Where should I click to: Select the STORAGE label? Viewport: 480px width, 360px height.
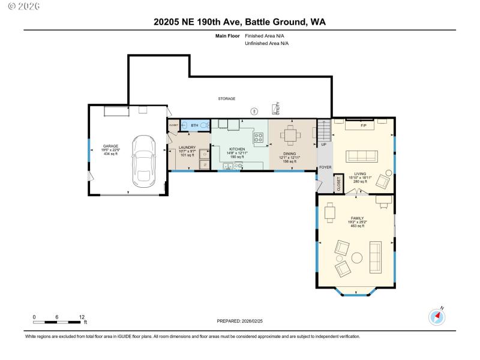[x=226, y=98]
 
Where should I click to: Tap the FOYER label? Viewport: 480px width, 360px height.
[x=325, y=167]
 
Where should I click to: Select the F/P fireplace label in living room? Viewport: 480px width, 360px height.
[x=363, y=125]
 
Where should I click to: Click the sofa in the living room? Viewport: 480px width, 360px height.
[x=362, y=156]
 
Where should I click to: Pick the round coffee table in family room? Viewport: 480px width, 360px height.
[x=357, y=258]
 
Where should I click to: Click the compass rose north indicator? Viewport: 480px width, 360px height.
[x=436, y=317]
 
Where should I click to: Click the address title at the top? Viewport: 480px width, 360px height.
[x=240, y=22]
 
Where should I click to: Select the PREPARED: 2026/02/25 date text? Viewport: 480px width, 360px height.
[x=239, y=321]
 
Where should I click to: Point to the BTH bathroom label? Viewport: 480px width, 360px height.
[x=194, y=125]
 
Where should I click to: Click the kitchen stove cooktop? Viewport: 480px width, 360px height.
[x=259, y=139]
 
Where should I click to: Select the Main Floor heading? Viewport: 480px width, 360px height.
[x=227, y=36]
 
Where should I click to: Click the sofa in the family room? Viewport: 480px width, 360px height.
[x=376, y=256]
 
